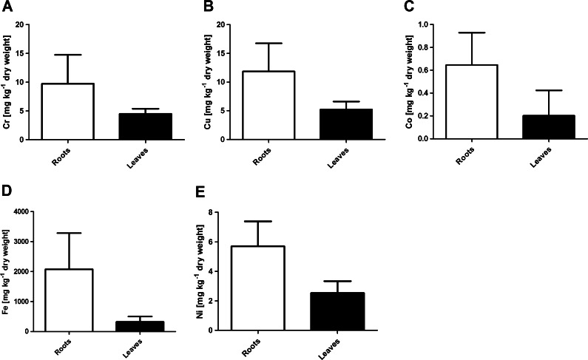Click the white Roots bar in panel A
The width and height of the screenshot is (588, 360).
point(67,111)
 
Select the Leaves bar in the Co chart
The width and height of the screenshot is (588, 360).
point(548,126)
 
